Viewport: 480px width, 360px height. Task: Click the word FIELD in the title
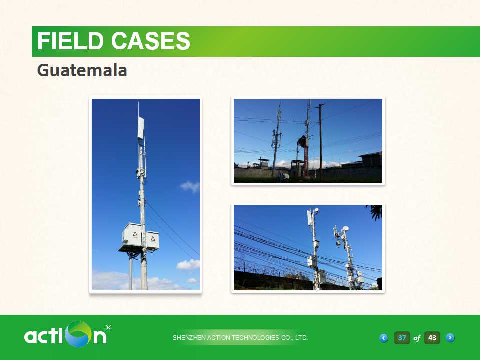click(70, 41)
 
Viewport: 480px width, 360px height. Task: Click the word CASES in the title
click(151, 41)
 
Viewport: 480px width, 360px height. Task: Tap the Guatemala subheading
click(82, 70)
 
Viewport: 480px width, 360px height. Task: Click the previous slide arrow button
click(384, 338)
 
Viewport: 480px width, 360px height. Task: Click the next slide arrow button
click(450, 337)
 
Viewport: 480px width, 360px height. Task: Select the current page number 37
click(402, 338)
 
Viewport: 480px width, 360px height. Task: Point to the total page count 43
click(432, 338)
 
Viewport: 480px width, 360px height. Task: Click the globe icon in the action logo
click(79, 334)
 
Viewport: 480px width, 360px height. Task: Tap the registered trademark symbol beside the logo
click(108, 328)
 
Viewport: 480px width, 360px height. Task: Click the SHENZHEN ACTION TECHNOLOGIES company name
click(240, 338)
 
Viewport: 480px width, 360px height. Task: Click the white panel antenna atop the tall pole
click(141, 128)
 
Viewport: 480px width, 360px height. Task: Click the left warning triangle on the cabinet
click(135, 235)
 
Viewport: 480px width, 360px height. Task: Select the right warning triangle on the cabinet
click(153, 238)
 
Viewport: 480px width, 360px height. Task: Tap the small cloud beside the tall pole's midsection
click(190, 186)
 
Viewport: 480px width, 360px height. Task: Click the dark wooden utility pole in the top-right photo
click(320, 141)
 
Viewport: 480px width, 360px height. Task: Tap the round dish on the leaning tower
click(345, 228)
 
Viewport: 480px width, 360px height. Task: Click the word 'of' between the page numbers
click(417, 338)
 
